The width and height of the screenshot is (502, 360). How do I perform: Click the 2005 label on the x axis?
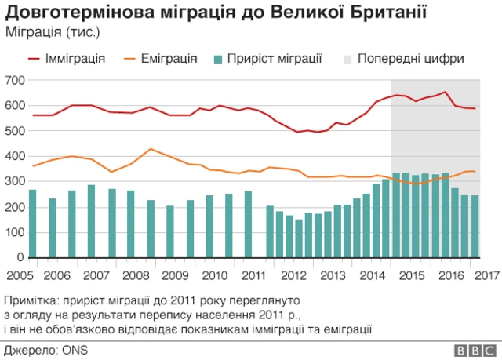click(17, 275)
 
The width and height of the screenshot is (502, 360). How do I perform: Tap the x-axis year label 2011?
click(253, 275)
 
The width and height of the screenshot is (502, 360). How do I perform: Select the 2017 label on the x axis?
click(488, 275)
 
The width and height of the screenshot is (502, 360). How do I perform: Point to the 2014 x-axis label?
click(370, 275)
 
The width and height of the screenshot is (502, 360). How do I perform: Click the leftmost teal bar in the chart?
click(32, 224)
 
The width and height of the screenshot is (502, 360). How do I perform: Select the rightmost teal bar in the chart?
click(475, 226)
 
